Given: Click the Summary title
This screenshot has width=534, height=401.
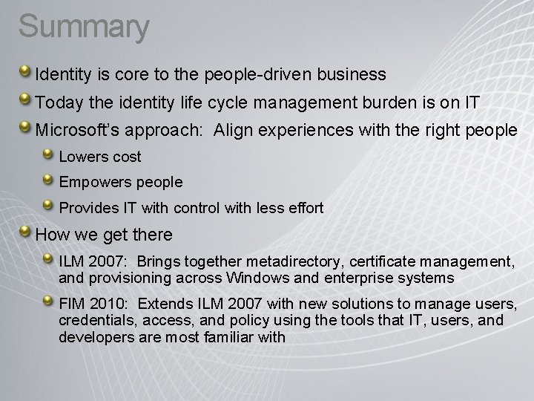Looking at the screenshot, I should [x=84, y=27].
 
